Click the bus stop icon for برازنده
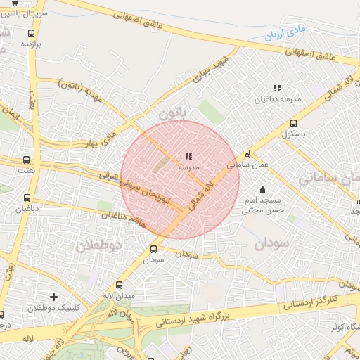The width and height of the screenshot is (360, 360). (31, 33)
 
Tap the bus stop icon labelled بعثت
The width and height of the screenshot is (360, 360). (27, 160)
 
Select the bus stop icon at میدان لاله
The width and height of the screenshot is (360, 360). (118, 285)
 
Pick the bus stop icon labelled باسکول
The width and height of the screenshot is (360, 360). (292, 121)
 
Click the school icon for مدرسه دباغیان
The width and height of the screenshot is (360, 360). (277, 89)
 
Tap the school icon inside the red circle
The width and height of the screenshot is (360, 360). (188, 156)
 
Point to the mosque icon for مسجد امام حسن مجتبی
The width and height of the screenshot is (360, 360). (263, 189)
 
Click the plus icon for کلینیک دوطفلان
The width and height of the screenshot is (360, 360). (54, 297)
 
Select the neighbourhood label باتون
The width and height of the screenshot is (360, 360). (173, 112)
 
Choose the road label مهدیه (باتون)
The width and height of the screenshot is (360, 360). (83, 88)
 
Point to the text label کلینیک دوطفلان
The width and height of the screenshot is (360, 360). (53, 309)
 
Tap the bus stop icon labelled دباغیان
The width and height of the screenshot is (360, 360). (27, 198)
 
